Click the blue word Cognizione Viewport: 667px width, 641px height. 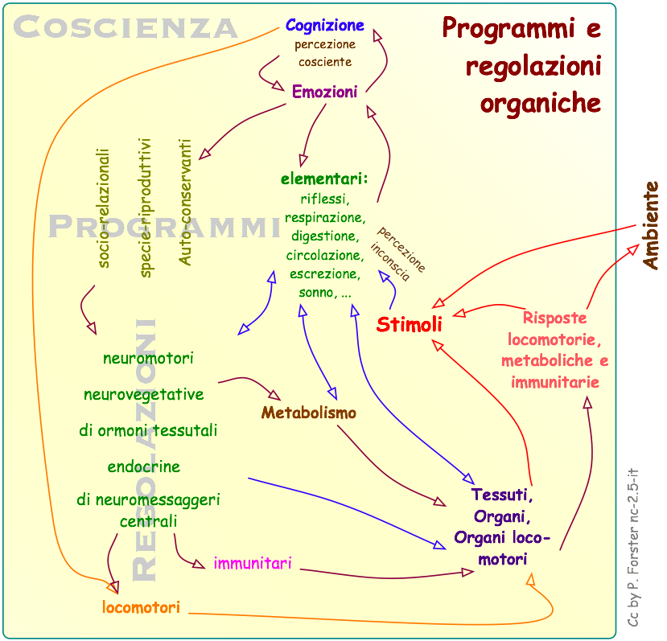[324, 26]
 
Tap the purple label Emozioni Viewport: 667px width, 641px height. [324, 92]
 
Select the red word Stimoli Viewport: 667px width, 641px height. [410, 325]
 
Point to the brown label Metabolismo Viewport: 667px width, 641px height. [308, 413]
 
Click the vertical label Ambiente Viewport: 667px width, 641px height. [650, 225]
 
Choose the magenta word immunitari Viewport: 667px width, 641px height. [252, 563]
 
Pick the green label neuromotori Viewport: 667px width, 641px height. [148, 358]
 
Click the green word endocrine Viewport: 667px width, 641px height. [144, 466]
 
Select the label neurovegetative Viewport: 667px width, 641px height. [144, 394]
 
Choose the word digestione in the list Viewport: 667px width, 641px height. [324, 236]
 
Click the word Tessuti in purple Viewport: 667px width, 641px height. [501, 494]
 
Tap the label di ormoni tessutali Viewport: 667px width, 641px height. [148, 430]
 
